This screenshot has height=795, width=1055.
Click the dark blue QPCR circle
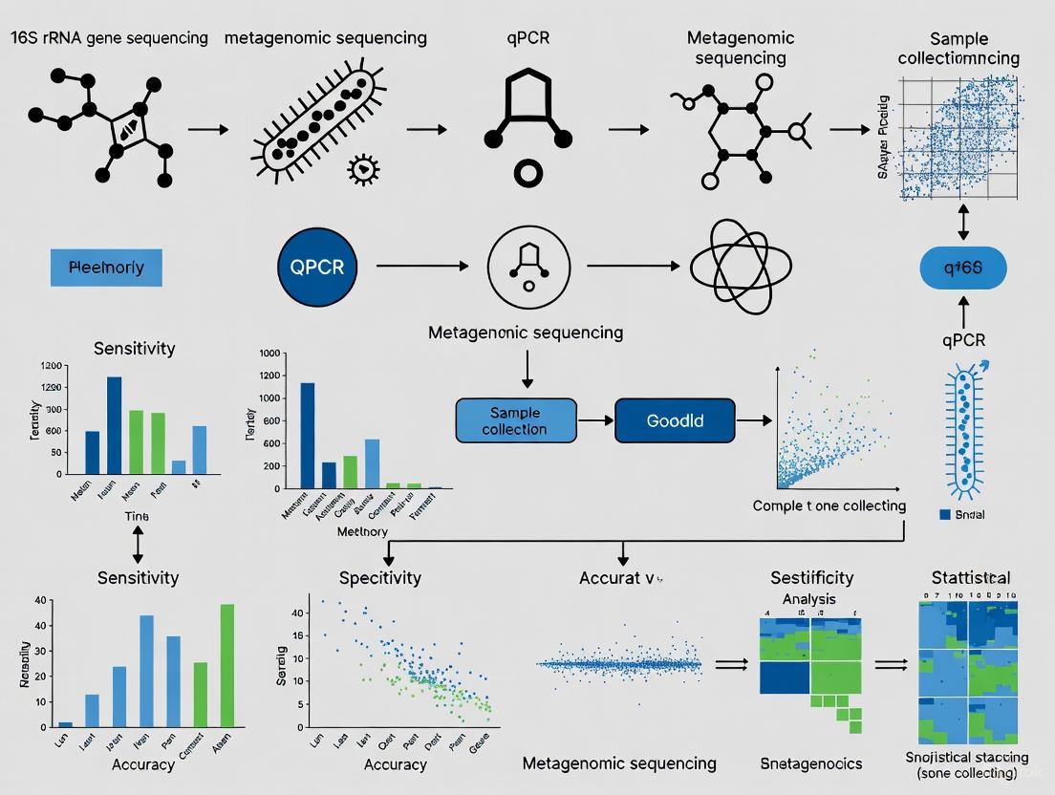pyautogui.click(x=317, y=267)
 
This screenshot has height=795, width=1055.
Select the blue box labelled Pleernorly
pyautogui.click(x=106, y=267)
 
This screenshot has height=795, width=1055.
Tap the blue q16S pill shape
pyautogui.click(x=962, y=267)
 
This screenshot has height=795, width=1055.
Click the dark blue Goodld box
pyautogui.click(x=675, y=420)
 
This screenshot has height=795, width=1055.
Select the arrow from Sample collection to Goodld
pyautogui.click(x=595, y=420)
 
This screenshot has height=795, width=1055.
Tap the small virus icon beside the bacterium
pyautogui.click(x=362, y=169)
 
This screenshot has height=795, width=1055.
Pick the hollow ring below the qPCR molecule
pyautogui.click(x=527, y=174)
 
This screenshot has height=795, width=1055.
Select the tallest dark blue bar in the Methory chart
pyautogui.click(x=308, y=435)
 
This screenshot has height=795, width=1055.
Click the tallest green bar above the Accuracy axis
pyautogui.click(x=227, y=665)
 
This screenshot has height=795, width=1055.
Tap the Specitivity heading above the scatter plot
pyautogui.click(x=379, y=578)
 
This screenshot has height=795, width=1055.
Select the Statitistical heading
pyautogui.click(x=970, y=578)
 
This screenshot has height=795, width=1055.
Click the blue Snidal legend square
pyautogui.click(x=945, y=515)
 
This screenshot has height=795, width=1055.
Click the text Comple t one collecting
pyautogui.click(x=829, y=505)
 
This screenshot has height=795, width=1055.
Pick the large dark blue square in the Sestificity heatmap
pyautogui.click(x=784, y=677)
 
